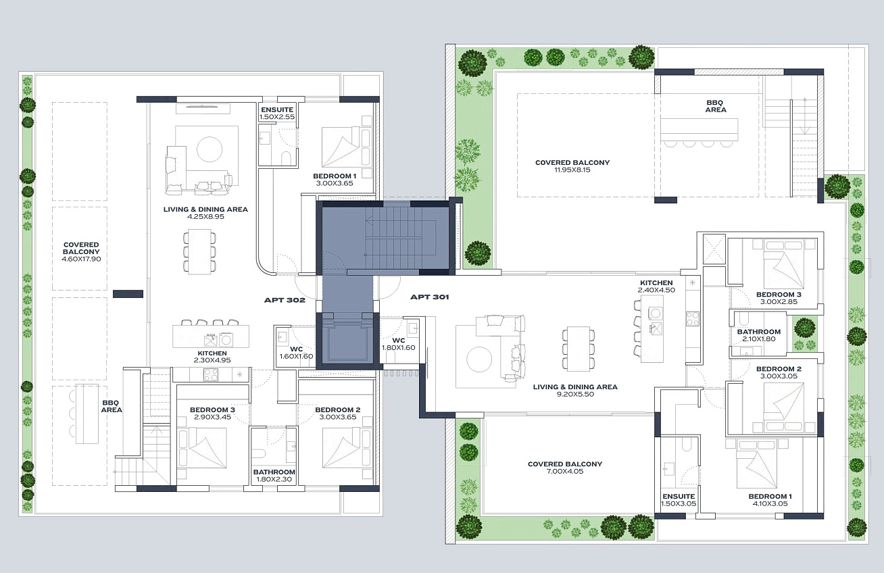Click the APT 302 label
tap(285, 300)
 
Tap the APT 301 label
tap(429, 297)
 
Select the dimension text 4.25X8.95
tap(205, 217)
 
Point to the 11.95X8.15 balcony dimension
tap(572, 170)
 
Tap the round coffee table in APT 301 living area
tap(479, 359)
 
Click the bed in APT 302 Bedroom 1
tap(341, 147)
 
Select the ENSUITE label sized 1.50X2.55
tap(277, 109)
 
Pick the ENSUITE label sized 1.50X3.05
tap(679, 497)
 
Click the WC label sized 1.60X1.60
tap(297, 349)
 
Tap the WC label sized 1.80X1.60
tap(399, 341)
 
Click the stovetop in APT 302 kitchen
tap(211, 374)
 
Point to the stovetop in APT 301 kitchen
tap(693, 319)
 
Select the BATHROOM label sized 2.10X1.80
tap(759, 332)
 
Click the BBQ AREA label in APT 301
tap(716, 106)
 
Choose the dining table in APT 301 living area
tap(578, 349)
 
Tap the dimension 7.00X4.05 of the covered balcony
tap(565, 471)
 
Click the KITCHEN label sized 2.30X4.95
tap(212, 353)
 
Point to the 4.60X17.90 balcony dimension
tap(81, 259)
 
